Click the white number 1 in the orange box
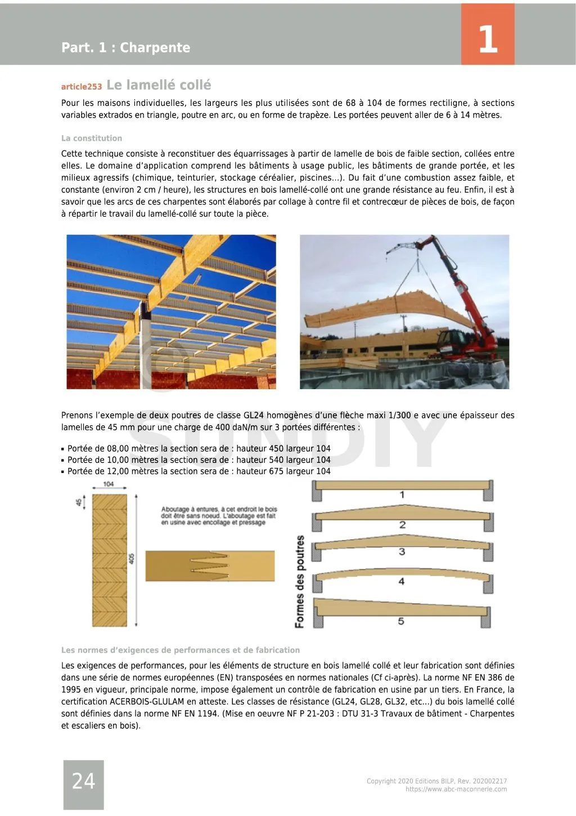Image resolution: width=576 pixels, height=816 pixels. click(488, 39)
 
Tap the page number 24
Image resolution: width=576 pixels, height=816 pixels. click(83, 781)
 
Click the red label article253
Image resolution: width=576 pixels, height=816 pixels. click(82, 87)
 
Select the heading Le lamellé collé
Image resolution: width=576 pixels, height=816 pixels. click(159, 85)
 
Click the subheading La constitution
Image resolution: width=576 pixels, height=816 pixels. click(92, 138)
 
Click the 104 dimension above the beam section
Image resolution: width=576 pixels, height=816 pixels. click(109, 484)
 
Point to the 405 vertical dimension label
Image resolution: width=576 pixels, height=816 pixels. click(132, 559)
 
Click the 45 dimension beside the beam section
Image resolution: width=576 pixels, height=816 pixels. click(79, 501)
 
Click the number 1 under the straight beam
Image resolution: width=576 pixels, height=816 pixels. click(402, 495)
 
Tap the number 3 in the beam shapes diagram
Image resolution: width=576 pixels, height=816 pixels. click(402, 552)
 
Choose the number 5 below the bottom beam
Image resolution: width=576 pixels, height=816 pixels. click(401, 621)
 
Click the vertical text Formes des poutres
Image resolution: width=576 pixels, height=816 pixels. click(300, 581)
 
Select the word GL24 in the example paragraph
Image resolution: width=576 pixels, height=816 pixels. click(254, 416)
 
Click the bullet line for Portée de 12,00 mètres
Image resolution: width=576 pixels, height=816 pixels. click(199, 471)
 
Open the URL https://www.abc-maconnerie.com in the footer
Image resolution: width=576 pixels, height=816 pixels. click(456, 790)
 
